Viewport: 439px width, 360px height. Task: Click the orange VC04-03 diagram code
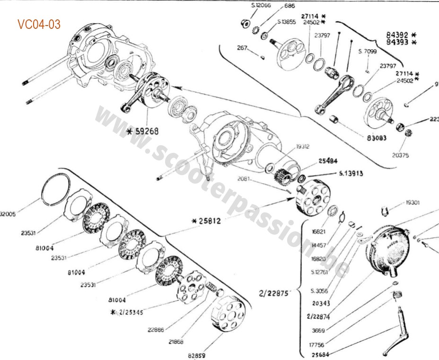point(39,24)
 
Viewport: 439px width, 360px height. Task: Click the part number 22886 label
point(156,330)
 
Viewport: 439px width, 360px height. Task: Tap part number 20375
point(400,155)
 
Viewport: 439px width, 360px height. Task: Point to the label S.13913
point(351,174)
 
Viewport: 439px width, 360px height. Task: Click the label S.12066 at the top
point(260,5)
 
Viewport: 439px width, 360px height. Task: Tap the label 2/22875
point(274,293)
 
